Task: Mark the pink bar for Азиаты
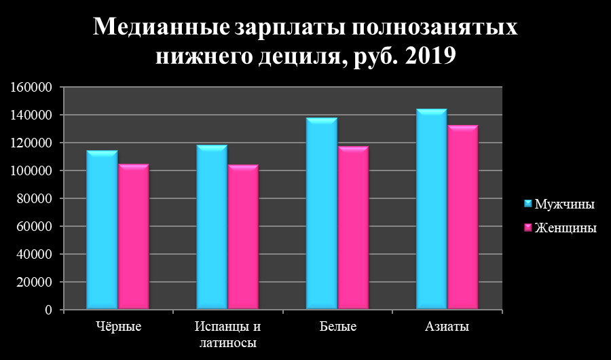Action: pos(462,217)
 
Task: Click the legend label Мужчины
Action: pos(565,204)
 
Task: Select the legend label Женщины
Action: pos(566,228)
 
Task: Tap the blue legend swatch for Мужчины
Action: pos(527,204)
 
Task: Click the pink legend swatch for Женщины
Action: pos(527,228)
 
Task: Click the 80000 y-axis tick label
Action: pos(34,199)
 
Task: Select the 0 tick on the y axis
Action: pos(48,310)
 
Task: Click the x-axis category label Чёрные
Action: pos(117,327)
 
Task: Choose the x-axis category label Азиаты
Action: pos(447,327)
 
